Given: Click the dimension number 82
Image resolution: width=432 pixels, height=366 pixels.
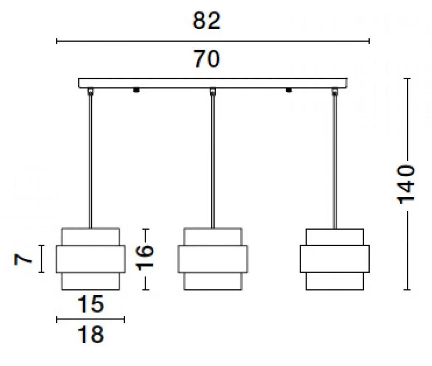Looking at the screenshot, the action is pos(207,20).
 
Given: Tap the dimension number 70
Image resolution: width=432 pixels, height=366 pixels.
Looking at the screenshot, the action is pos(207,59).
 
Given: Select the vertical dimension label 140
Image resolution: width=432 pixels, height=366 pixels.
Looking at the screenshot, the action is pos(405,184).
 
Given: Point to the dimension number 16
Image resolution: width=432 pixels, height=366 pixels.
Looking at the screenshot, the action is pos(145,257).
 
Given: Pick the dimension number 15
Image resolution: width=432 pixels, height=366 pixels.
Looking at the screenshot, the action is pos(90,304).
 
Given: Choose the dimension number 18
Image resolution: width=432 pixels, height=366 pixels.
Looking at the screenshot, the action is pos(90,334).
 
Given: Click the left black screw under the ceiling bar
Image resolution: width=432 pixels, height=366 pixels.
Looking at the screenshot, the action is pos(136,90).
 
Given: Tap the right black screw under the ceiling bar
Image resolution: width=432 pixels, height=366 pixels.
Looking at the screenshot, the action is pos(288,90).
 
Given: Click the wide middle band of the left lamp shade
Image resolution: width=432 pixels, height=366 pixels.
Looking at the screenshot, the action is pos(90,259).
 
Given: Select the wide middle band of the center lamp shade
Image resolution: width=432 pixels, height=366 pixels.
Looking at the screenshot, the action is pos(213,259).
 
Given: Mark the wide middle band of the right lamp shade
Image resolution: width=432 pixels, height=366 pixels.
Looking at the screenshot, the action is pos(335,259).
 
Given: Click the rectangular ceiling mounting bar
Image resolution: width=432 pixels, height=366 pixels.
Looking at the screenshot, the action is pos(213,83).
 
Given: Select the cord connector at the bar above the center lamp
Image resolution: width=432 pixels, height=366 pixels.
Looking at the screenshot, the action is pos(212,91).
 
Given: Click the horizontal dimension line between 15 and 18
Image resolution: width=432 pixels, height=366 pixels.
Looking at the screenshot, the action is pos(90,319).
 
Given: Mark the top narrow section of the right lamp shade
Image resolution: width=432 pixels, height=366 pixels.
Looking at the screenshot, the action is pos(335,237).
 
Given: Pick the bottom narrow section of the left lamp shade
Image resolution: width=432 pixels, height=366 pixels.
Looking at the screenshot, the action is pos(90,281).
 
